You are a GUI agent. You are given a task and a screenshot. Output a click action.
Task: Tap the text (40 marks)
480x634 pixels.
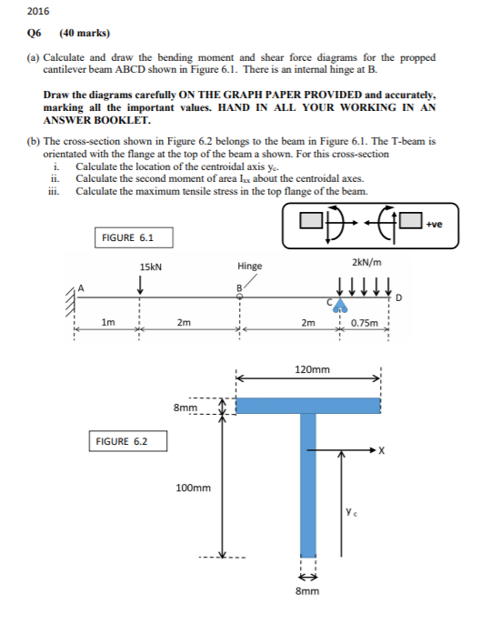[x=85, y=33]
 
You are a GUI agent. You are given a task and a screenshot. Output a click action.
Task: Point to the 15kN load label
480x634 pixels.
[x=151, y=267]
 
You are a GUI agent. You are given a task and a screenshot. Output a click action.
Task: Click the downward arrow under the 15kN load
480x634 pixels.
[x=139, y=285]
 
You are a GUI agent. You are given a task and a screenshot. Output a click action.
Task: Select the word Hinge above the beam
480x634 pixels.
[x=249, y=267]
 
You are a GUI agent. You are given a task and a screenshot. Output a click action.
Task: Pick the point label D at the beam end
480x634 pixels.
[x=396, y=297]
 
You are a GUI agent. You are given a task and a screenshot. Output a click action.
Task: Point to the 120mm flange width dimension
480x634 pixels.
[x=313, y=370]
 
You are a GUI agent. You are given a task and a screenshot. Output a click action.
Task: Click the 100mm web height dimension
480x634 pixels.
[x=193, y=488]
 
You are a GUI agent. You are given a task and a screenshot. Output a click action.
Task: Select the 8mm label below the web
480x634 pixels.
[x=308, y=591]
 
